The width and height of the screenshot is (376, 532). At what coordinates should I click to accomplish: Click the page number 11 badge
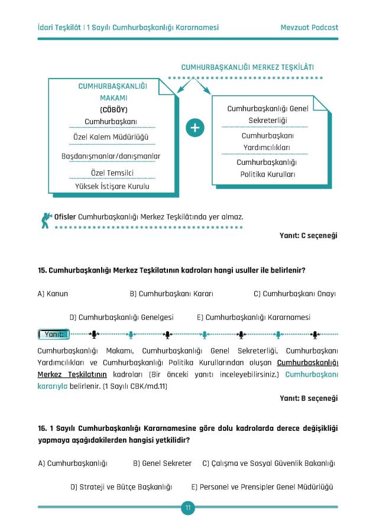tap(188, 508)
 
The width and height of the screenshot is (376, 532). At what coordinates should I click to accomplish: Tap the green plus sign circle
tap(195, 128)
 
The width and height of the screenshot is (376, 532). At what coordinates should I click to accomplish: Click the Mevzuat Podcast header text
tap(309, 27)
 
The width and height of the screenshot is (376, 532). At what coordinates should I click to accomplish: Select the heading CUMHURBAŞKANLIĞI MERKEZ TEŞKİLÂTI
tap(248, 67)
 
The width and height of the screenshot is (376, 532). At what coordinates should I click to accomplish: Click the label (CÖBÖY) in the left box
tap(114, 109)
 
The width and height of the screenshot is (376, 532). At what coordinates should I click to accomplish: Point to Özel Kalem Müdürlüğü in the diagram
tap(111, 137)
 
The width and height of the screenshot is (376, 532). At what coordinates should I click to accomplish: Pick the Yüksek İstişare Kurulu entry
tap(112, 186)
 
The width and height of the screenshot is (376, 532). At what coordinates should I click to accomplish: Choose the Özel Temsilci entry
tap(111, 173)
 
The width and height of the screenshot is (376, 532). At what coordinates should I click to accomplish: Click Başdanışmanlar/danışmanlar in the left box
tap(111, 155)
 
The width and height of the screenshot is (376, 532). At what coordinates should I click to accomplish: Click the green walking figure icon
tap(46, 219)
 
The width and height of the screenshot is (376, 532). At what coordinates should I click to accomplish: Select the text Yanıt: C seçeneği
tap(308, 235)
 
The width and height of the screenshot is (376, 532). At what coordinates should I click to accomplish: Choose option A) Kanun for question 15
tap(53, 293)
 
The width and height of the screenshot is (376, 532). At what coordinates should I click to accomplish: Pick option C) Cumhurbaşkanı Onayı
tap(294, 293)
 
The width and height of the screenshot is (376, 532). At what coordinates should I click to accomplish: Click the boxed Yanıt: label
tap(55, 335)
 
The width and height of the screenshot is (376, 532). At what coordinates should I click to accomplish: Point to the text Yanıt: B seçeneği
tap(308, 398)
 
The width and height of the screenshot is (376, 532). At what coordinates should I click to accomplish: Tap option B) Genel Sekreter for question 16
tap(162, 463)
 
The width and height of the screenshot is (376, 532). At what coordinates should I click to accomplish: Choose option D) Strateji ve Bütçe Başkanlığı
tap(121, 487)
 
